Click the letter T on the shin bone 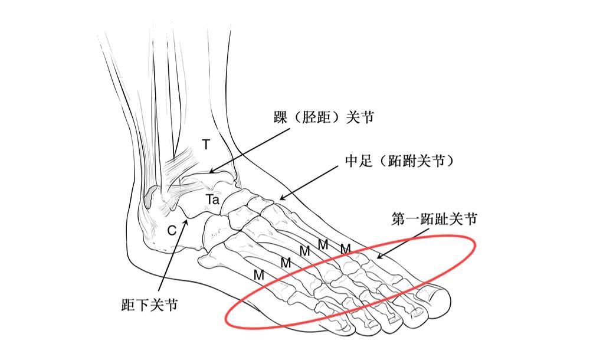pos(205,143)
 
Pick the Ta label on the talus pos(213,200)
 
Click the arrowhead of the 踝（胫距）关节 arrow pos(209,173)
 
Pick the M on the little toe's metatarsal pos(258,274)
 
